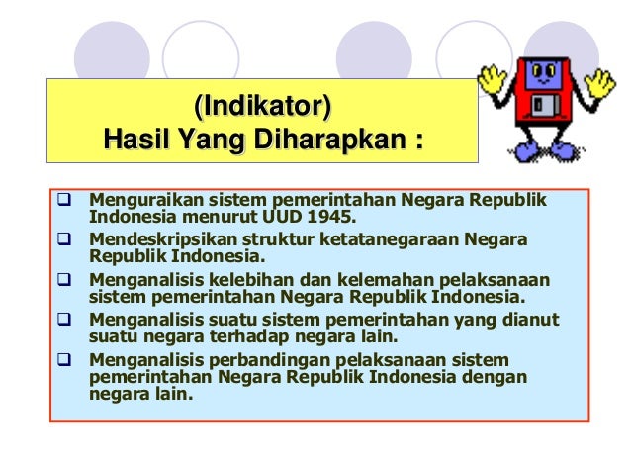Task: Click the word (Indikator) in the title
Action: click(x=262, y=103)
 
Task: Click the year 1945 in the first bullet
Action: click(x=331, y=218)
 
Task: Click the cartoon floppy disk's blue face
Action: click(x=539, y=73)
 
